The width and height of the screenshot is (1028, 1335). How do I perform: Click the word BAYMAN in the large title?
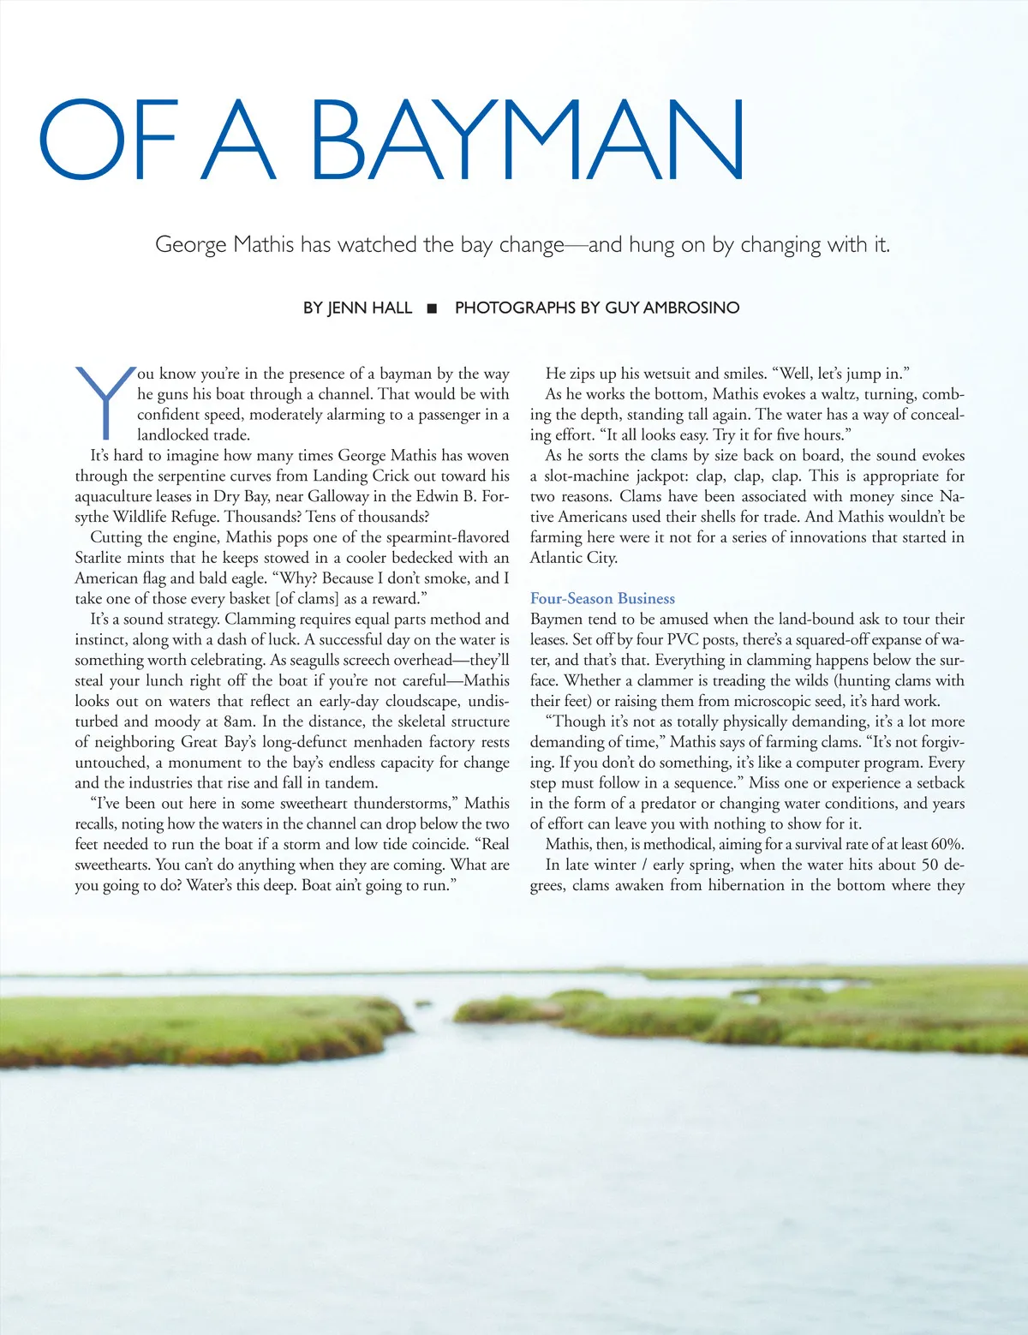527,140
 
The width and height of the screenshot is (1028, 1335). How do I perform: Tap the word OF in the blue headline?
108,140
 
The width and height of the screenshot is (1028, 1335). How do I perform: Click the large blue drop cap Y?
105,401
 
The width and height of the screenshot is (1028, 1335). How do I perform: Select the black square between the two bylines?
433,308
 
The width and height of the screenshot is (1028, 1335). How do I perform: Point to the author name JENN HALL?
369,308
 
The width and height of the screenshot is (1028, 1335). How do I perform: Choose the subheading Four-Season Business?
602,599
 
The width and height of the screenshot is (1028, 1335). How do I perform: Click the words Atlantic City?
573,558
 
